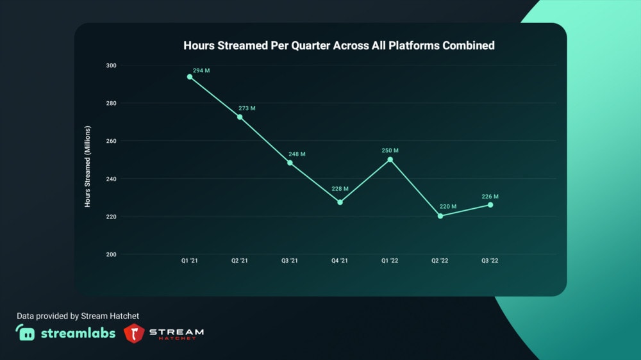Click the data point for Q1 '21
click(x=190, y=77)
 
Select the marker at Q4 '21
click(x=340, y=202)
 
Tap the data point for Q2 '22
click(x=440, y=216)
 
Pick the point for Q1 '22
click(x=390, y=160)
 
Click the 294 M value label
click(x=201, y=70)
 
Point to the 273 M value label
click(x=247, y=108)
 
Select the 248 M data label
click(x=297, y=154)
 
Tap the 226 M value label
click(x=490, y=197)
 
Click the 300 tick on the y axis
click(x=112, y=65)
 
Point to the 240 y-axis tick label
click(x=112, y=179)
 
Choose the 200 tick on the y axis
click(x=112, y=254)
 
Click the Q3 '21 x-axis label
click(x=290, y=261)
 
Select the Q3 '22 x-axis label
click(x=490, y=261)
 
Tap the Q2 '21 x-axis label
click(x=240, y=261)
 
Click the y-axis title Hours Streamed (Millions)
click(x=88, y=167)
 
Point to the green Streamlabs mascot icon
click(x=26, y=333)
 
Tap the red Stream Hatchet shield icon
click(x=134, y=333)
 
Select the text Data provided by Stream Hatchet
click(x=78, y=316)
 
